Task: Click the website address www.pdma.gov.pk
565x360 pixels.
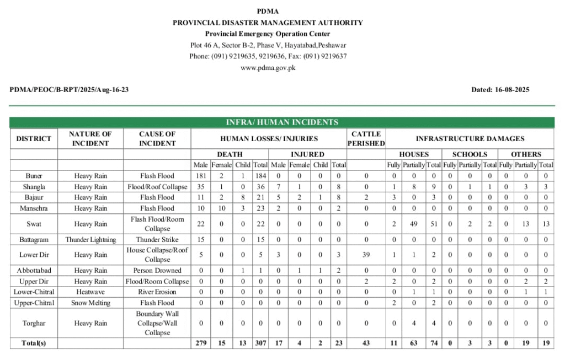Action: (268, 68)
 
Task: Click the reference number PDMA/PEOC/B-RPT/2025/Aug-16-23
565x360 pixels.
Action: (69, 89)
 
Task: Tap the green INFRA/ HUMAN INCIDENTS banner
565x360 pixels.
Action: (282, 122)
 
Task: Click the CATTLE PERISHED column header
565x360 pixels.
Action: (366, 138)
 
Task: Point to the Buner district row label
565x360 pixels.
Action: (34, 176)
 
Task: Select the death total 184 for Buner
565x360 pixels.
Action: (260, 176)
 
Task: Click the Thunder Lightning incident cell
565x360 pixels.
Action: (90, 240)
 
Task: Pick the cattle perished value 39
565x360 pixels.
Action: (366, 255)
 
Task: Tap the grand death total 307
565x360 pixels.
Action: (260, 343)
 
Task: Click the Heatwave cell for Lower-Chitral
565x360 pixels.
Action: (90, 292)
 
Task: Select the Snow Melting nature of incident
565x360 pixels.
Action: (90, 303)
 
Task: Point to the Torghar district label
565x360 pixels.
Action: (34, 324)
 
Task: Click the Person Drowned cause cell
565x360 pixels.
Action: (157, 271)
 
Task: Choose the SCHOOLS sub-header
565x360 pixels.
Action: (470, 154)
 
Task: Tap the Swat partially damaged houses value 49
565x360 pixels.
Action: (413, 224)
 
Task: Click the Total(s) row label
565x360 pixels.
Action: (34, 343)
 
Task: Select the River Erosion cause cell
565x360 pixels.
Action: (157, 292)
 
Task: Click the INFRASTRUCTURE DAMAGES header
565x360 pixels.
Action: (470, 138)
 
